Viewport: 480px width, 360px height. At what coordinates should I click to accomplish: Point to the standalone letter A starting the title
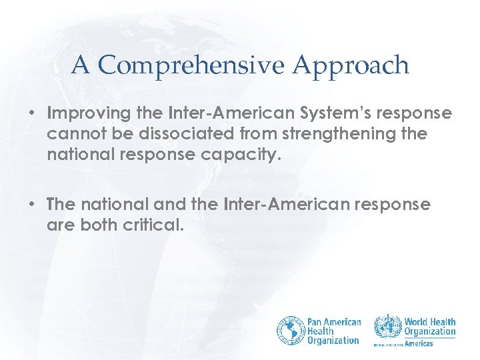tap(80, 65)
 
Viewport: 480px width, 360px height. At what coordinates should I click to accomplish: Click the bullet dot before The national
tap(31, 205)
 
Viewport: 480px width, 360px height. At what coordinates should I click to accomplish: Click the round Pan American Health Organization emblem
tap(291, 330)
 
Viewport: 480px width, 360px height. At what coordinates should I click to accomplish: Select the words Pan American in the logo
tap(333, 322)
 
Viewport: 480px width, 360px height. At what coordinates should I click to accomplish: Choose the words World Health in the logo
tap(430, 322)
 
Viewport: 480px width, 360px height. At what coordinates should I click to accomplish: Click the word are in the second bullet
tap(59, 226)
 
